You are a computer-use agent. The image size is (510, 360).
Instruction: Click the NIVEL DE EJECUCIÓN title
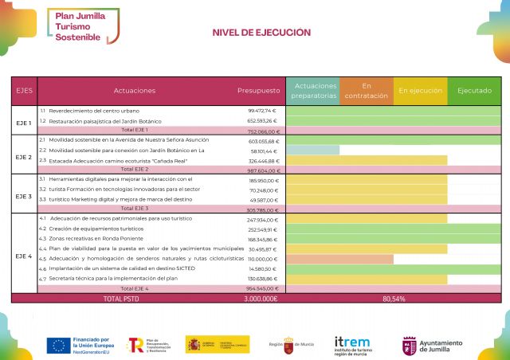(x=261, y=33)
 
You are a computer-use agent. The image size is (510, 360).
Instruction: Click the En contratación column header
(x=367, y=90)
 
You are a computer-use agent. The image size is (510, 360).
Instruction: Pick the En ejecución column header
(x=420, y=91)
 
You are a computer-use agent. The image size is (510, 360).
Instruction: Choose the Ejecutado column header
(x=474, y=91)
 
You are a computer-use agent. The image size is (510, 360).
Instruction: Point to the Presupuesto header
(x=259, y=91)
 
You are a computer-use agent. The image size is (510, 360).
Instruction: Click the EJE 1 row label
(x=24, y=123)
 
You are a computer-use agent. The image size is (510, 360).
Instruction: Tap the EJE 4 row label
(x=24, y=256)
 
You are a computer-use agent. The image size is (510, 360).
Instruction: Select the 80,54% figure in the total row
(x=394, y=299)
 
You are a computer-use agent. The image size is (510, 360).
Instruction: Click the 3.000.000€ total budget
(x=260, y=299)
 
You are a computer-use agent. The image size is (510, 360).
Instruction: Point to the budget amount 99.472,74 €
(x=262, y=111)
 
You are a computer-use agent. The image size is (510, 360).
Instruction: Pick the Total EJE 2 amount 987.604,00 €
(x=262, y=170)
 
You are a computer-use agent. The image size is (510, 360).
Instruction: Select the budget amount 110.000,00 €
(x=262, y=259)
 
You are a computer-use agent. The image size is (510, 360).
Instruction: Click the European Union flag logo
(x=57, y=345)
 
